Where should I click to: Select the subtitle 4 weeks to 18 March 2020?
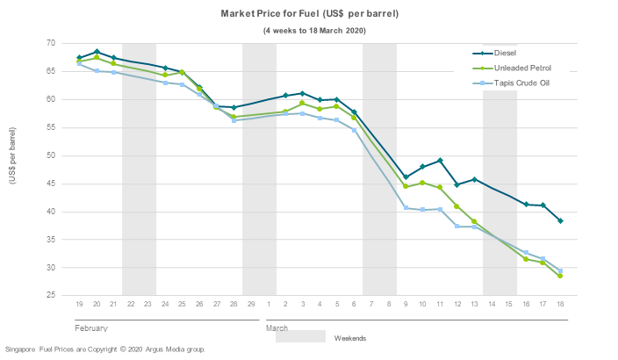tap(314, 31)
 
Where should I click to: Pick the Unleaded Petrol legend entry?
tap(524, 68)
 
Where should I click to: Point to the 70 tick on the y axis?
tap(51, 43)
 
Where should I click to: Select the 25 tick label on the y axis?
tap(51, 296)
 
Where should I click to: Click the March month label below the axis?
tap(277, 328)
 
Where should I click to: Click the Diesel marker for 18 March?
tap(560, 220)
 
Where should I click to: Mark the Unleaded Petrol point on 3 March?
tap(302, 104)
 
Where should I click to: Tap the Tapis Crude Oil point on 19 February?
tap(79, 63)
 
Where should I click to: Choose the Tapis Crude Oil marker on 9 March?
tap(406, 208)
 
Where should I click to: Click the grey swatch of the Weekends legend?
tap(300, 337)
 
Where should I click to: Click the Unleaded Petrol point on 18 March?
tap(560, 276)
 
